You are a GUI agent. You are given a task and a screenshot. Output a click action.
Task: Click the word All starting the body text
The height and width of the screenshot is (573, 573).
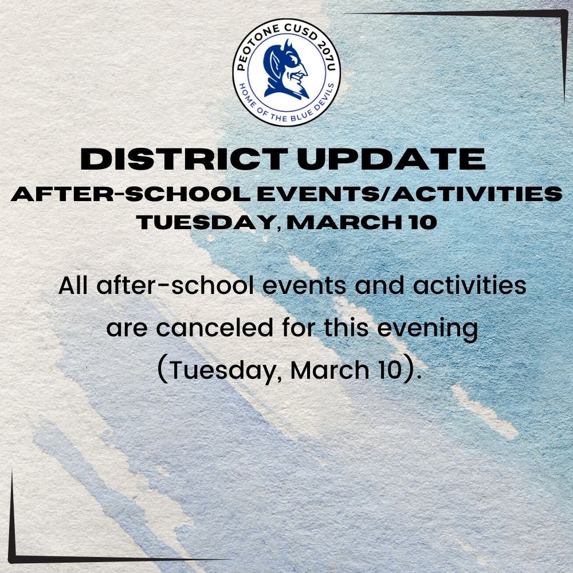tap(73, 285)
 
